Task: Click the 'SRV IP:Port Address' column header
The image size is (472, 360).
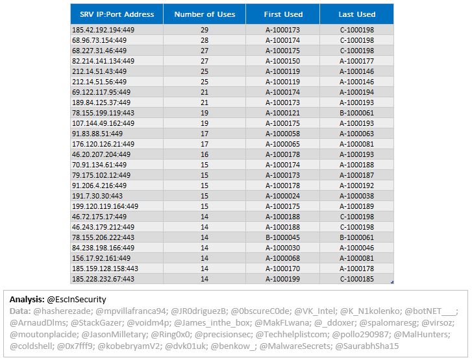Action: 117,14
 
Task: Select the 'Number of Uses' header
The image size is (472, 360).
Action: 205,14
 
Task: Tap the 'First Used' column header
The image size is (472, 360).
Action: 283,14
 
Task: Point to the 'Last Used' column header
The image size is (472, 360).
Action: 357,14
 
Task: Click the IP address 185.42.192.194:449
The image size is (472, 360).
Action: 103,30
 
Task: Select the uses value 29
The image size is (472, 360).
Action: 205,30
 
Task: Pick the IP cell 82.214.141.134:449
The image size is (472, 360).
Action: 103,61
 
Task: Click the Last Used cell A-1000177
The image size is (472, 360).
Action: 356,61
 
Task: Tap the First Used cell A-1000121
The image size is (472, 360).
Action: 282,113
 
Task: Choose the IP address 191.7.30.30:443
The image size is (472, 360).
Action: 97,196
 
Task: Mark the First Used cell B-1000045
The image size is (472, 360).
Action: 282,237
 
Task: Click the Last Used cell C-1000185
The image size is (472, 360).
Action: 357,279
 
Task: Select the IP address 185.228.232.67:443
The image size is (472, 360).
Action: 103,279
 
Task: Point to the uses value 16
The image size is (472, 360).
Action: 205,154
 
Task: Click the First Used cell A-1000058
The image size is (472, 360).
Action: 282,134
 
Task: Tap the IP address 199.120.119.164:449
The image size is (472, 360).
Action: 105,206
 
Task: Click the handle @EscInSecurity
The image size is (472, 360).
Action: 77,300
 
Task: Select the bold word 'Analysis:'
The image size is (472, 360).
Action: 27,300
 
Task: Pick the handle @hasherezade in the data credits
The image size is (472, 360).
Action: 62,311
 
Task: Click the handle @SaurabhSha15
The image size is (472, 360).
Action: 367,346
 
